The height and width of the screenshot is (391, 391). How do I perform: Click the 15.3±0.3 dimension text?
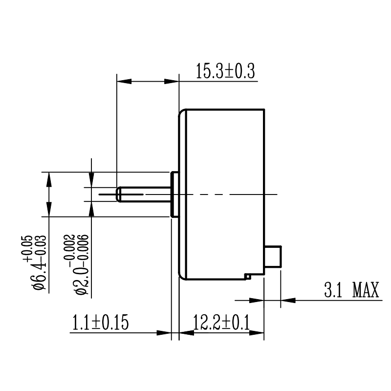coord(225,71)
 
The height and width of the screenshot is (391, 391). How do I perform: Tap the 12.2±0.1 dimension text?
coord(221,323)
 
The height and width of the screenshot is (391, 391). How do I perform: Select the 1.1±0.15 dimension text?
coord(100,323)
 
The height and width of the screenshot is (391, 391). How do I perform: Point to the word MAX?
coord(366,290)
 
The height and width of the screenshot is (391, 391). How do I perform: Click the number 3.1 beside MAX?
coord(333,290)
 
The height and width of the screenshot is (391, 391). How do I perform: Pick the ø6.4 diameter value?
coord(40,276)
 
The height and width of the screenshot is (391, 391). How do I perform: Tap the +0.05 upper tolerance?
coord(28,248)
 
